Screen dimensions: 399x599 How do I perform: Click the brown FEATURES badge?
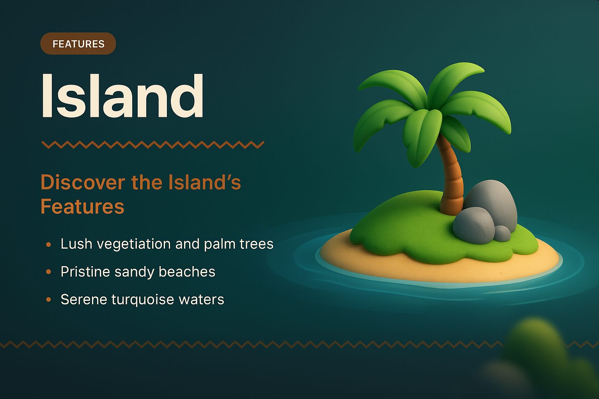[78, 44]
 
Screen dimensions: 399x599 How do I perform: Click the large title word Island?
[122, 96]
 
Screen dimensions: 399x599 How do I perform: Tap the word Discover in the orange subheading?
[83, 182]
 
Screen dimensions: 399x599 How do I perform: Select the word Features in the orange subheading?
[82, 207]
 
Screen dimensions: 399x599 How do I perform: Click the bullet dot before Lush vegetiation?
[48, 244]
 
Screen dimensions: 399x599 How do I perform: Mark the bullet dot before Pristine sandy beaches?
[48, 272]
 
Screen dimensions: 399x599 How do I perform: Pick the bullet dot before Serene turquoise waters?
[48, 300]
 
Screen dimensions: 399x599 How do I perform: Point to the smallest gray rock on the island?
[502, 233]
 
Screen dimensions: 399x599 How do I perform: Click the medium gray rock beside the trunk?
[473, 225]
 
